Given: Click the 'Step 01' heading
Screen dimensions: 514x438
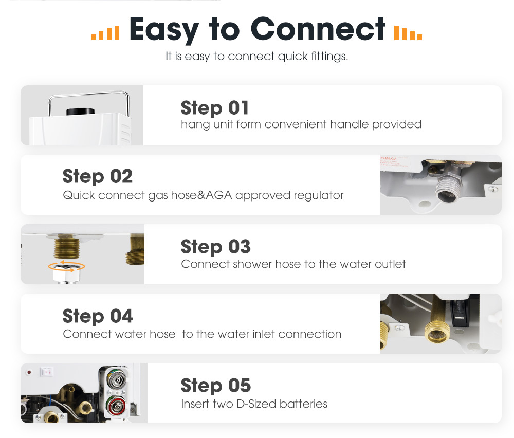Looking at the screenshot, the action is [215, 108].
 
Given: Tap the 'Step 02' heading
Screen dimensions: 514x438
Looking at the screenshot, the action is [97, 176].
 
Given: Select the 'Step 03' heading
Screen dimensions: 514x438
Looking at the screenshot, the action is [216, 247].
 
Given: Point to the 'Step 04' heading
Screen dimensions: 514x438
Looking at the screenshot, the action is [97, 316].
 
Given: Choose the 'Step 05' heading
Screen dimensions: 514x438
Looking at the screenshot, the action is [216, 386].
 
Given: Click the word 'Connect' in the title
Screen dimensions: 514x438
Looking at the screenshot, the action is [318, 29].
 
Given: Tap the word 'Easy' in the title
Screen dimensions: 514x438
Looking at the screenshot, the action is [164, 30].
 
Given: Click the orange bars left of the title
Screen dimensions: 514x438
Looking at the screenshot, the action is [105, 33].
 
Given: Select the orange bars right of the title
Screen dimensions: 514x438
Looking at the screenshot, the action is [408, 33].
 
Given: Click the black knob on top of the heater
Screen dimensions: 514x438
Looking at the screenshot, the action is [80, 112].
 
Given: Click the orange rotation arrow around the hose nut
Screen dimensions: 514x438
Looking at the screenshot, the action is [66, 267].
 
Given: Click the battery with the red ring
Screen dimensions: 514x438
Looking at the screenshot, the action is [116, 406].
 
